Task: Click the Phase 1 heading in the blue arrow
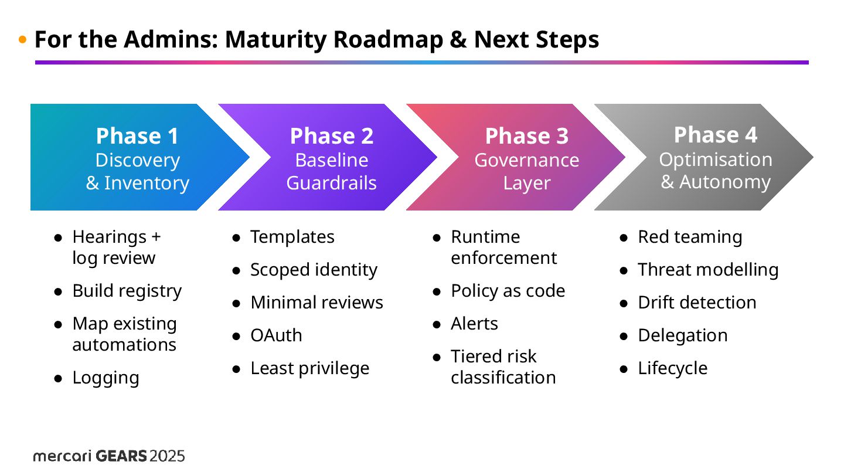coord(137,136)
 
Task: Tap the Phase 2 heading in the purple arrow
coord(331,136)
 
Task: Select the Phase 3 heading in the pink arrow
coord(526,136)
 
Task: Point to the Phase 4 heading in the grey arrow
coord(715,135)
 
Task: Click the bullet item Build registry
coord(127,291)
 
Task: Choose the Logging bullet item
coord(105,378)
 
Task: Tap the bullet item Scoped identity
coord(314,270)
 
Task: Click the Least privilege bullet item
coord(309,368)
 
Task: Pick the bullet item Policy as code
coord(508,291)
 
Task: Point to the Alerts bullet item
coord(474,324)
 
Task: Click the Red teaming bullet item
coord(690,237)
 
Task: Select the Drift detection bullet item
coord(697,303)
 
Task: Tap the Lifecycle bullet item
coord(672,368)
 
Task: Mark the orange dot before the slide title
coord(23,40)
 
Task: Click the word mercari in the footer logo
coord(62,456)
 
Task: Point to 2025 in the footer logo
coord(167,456)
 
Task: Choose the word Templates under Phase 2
coord(292,237)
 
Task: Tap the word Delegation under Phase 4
coord(682,335)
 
